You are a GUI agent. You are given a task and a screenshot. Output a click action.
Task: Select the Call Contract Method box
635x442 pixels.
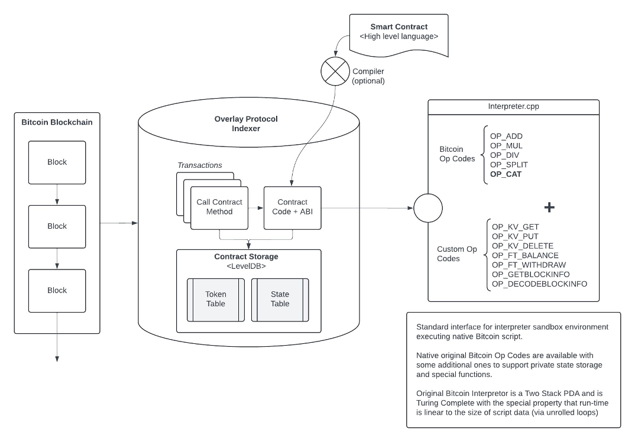(x=220, y=207)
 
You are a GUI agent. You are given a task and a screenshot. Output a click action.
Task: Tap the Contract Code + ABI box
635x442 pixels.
(x=292, y=207)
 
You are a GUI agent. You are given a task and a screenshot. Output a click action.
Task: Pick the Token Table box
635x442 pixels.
(x=216, y=299)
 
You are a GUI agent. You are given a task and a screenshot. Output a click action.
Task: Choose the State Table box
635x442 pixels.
(x=280, y=299)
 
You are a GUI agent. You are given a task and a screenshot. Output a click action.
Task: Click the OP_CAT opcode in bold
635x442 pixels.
(x=506, y=174)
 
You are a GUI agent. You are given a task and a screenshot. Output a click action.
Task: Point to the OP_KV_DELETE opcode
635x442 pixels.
(x=522, y=246)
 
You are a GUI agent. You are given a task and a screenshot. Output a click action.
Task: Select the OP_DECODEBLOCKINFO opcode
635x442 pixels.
(x=539, y=284)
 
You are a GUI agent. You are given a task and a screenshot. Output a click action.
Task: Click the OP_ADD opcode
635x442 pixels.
(x=506, y=136)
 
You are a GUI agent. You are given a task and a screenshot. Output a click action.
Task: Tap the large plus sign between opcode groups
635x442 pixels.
(x=549, y=207)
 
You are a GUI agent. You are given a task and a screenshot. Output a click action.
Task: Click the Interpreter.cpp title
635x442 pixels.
(x=513, y=108)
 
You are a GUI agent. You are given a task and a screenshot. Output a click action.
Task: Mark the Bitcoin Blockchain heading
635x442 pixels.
(x=57, y=123)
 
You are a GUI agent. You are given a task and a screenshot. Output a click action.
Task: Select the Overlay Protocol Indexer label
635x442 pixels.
(x=246, y=123)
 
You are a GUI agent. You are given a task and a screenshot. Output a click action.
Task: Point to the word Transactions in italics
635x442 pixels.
(x=200, y=165)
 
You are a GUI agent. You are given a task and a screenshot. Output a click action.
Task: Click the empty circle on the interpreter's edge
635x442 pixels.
(x=428, y=208)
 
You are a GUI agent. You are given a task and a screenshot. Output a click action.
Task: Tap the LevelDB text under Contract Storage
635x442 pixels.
(x=246, y=266)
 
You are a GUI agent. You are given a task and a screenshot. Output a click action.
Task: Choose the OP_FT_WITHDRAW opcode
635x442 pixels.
(x=529, y=265)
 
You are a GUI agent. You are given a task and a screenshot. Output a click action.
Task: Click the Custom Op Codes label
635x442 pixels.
(x=457, y=254)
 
